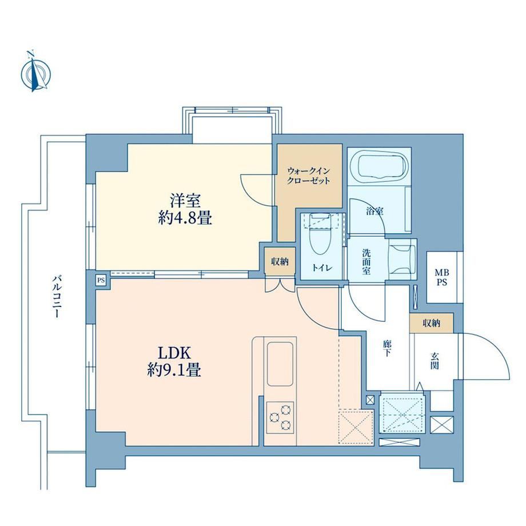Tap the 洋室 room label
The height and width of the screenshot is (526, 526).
point(185,201)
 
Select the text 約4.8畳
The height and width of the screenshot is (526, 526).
point(185,219)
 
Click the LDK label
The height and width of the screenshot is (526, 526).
point(174,353)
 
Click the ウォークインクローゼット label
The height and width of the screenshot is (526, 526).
point(309,176)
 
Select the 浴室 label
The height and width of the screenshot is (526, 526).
point(375,211)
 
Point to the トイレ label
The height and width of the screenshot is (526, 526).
point(322,268)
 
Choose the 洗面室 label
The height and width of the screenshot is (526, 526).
point(366,262)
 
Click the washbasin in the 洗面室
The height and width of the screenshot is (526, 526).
point(403,259)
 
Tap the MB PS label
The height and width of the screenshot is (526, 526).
point(442,277)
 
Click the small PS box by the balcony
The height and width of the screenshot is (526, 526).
point(101,280)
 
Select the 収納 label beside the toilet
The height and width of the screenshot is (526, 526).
point(280,262)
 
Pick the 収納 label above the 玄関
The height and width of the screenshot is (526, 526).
point(432,324)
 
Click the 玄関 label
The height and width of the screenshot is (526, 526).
point(435,361)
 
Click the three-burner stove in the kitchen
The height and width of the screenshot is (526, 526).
point(280,417)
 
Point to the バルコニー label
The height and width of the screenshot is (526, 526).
point(57,296)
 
